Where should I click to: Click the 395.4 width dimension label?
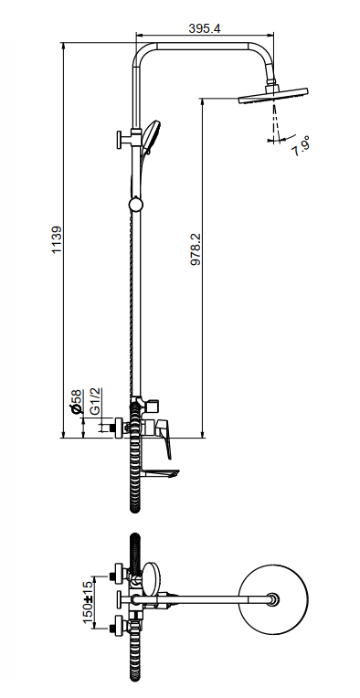205,28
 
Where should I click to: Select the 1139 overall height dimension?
57,240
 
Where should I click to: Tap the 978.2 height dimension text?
196,249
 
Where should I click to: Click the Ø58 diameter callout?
77,402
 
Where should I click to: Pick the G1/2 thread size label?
95,401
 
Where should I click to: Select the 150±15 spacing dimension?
88,602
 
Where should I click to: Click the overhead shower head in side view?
273,96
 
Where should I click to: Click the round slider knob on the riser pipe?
136,205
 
